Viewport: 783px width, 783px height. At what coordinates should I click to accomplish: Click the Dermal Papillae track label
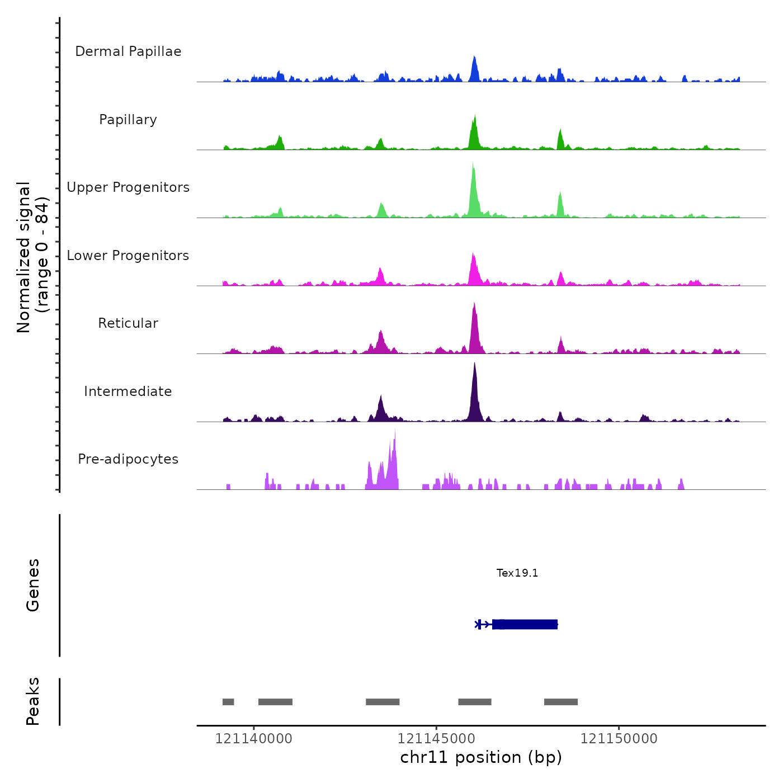[128, 51]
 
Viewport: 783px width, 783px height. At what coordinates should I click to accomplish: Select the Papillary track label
[128, 120]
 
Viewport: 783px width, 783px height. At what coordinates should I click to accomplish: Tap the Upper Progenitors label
[128, 187]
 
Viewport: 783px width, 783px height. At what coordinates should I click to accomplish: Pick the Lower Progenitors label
[128, 256]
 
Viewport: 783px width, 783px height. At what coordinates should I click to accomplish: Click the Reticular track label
[128, 323]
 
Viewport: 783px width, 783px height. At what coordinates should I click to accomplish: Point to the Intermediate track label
[128, 391]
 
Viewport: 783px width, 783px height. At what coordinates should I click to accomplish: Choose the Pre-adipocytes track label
[128, 459]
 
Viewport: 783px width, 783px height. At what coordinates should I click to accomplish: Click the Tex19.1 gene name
[517, 573]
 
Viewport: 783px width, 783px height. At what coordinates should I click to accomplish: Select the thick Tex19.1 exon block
[526, 624]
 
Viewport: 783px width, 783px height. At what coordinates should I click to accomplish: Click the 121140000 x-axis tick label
[253, 739]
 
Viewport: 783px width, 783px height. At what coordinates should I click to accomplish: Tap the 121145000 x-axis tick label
[436, 739]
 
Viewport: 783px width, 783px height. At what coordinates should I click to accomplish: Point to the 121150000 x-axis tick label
[619, 739]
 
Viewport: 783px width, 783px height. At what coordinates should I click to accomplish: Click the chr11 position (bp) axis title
[481, 757]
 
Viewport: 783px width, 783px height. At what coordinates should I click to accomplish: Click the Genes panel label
[32, 584]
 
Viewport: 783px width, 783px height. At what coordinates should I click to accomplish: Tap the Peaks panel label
[32, 701]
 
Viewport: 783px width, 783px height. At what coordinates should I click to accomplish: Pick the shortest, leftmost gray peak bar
[228, 702]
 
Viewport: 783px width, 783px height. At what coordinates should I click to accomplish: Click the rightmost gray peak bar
[561, 702]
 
